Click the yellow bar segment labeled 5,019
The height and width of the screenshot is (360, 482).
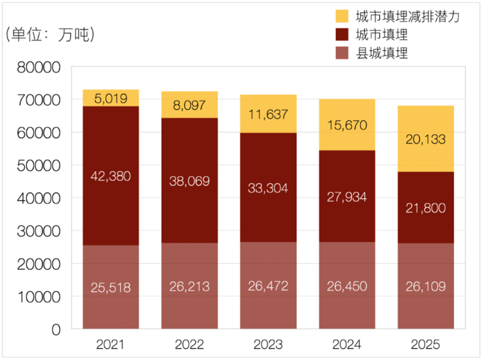tap(111, 97)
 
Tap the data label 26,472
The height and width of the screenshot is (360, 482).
tap(268, 286)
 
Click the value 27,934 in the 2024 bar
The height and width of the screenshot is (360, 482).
tap(347, 197)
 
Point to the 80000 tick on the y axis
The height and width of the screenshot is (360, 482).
tap(39, 67)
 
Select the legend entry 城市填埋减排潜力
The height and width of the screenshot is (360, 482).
tap(407, 16)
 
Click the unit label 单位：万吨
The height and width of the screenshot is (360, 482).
tap(50, 35)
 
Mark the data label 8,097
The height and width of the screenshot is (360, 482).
tap(189, 106)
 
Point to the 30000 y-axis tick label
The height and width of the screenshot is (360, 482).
tap(39, 231)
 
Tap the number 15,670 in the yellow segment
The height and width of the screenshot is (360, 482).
tap(347, 125)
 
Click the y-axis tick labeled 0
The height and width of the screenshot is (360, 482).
tap(54, 329)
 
